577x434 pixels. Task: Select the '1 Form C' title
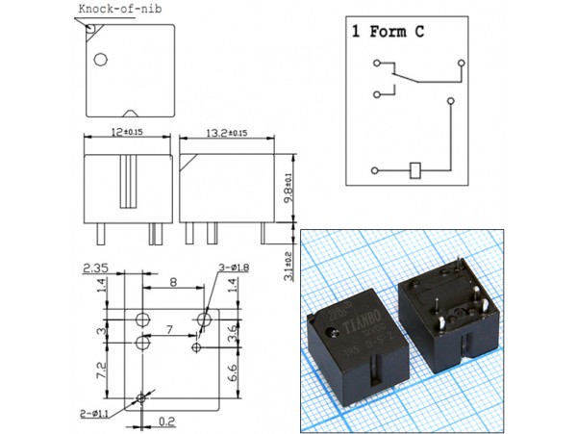(389, 31)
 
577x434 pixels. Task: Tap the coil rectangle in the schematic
(414, 170)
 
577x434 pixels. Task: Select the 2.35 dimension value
(94, 268)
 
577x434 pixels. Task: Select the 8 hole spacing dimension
(173, 282)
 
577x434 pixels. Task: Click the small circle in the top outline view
(98, 60)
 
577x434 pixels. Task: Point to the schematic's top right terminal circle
(463, 64)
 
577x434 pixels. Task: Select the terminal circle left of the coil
(372, 170)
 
